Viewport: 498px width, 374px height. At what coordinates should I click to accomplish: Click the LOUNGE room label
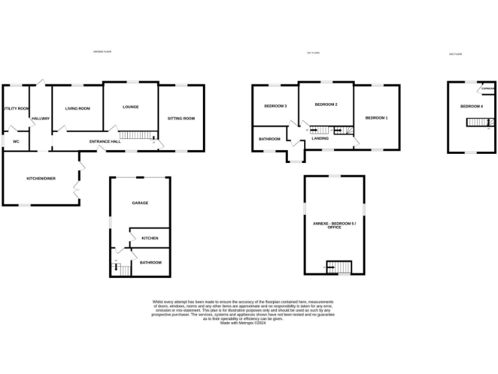[x=130, y=107]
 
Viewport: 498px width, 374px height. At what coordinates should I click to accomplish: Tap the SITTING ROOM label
[x=181, y=118]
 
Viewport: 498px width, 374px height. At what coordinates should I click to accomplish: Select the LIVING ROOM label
[x=77, y=108]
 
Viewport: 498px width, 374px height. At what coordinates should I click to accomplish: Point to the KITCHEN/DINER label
[x=40, y=179]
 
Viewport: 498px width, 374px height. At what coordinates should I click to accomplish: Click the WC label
[x=16, y=141]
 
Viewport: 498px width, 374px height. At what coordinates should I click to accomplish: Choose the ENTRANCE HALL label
[x=104, y=141]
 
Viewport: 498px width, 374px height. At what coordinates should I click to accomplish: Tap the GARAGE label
[x=140, y=203]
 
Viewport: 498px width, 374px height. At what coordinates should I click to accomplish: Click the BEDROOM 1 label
[x=376, y=118]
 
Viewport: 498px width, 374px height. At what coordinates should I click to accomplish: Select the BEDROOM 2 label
[x=326, y=105]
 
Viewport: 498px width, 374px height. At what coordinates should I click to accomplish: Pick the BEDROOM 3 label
[x=276, y=106]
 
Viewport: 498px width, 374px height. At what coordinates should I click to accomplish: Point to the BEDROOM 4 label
[x=471, y=106]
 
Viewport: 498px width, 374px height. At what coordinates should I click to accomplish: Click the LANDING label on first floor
[x=320, y=138]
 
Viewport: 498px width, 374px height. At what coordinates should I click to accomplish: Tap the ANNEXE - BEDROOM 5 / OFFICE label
[x=334, y=225]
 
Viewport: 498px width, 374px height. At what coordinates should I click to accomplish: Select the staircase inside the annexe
[x=338, y=266]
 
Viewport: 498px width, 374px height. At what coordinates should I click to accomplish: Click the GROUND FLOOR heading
[x=102, y=51]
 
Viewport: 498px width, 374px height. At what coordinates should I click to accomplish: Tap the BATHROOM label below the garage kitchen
[x=150, y=262]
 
